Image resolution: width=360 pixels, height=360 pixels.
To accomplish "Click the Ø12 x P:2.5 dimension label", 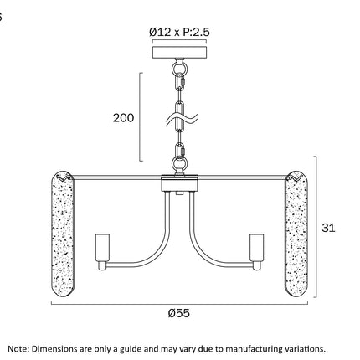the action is click(179, 33).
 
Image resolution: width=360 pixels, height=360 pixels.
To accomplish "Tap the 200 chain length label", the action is click(123, 118).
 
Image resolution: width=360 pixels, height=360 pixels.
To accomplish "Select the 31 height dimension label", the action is click(328, 228).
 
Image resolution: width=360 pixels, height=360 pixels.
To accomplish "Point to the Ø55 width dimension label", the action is click(179, 313).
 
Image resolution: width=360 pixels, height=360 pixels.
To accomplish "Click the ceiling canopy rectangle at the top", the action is click(179, 52).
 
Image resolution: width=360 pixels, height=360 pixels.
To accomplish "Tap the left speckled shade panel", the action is click(63, 234).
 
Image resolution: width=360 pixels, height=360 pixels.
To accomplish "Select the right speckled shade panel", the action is click(296, 234).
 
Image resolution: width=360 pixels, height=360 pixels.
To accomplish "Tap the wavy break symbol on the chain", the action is click(181, 120).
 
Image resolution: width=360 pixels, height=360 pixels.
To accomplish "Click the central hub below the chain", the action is click(180, 183).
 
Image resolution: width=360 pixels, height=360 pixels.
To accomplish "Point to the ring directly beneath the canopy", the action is click(179, 69).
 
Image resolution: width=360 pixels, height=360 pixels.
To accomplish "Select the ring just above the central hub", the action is click(179, 162).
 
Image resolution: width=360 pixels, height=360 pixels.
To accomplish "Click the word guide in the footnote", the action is click(129, 349).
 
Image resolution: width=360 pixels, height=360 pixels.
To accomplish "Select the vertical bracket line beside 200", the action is click(141, 117).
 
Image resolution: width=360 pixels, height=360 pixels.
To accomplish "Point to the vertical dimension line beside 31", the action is click(316, 227).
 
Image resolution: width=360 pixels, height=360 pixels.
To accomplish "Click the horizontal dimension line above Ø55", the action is click(179, 304).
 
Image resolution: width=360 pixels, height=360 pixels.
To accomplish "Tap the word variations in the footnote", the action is click(304, 349).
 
